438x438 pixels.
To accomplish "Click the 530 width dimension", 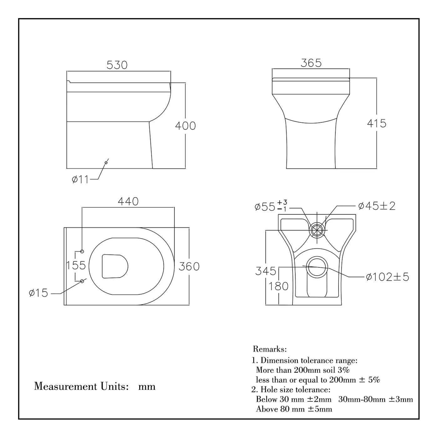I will click(117, 65).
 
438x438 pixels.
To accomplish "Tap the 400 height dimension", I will click(185, 126).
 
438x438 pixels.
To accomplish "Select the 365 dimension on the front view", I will click(311, 63).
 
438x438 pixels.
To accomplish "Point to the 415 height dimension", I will click(377, 124).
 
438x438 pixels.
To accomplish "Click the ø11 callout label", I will click(80, 180).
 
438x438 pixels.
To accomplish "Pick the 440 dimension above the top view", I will click(128, 201).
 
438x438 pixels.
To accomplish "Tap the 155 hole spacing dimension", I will click(76, 265).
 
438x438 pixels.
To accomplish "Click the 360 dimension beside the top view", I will click(189, 267).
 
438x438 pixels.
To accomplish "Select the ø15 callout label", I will click(38, 293).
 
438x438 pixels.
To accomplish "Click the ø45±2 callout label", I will click(377, 206).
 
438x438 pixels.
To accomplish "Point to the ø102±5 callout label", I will click(388, 277).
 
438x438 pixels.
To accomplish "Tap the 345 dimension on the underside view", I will click(266, 271).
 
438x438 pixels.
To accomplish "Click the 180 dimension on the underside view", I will click(278, 286).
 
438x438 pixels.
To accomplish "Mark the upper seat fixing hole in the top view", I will click(82, 252).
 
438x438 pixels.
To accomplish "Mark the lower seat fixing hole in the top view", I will click(82, 281).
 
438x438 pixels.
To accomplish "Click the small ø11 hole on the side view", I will click(106, 162).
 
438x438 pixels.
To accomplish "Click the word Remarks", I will click(270, 349).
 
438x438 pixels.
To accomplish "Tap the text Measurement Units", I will click(81, 386).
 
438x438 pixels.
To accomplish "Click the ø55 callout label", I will click(271, 206).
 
